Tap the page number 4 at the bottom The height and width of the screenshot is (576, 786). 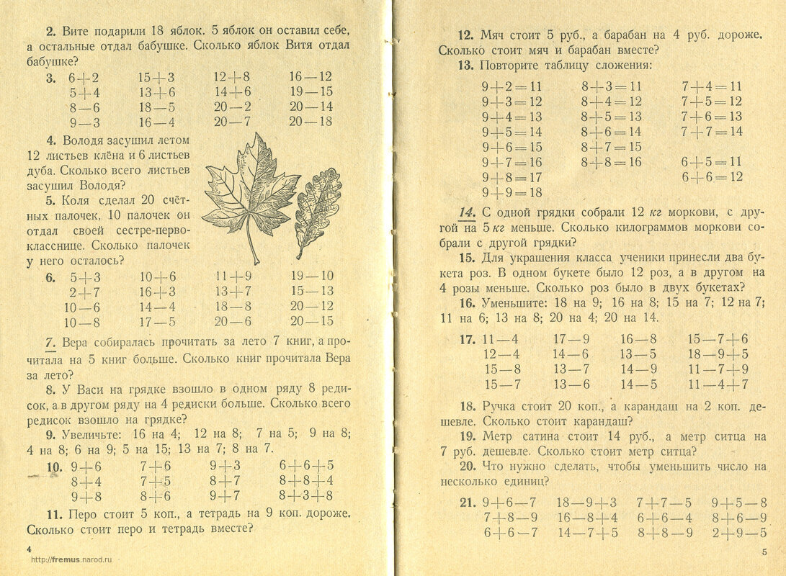(29, 549)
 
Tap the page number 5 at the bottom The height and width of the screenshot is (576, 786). (764, 552)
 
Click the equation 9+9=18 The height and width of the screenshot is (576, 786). (512, 192)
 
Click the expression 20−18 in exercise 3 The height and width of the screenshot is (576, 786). (311, 122)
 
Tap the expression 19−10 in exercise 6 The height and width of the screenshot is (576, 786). (312, 276)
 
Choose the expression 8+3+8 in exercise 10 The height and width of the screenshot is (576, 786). (306, 495)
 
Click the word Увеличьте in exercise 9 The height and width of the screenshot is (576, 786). (86, 433)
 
